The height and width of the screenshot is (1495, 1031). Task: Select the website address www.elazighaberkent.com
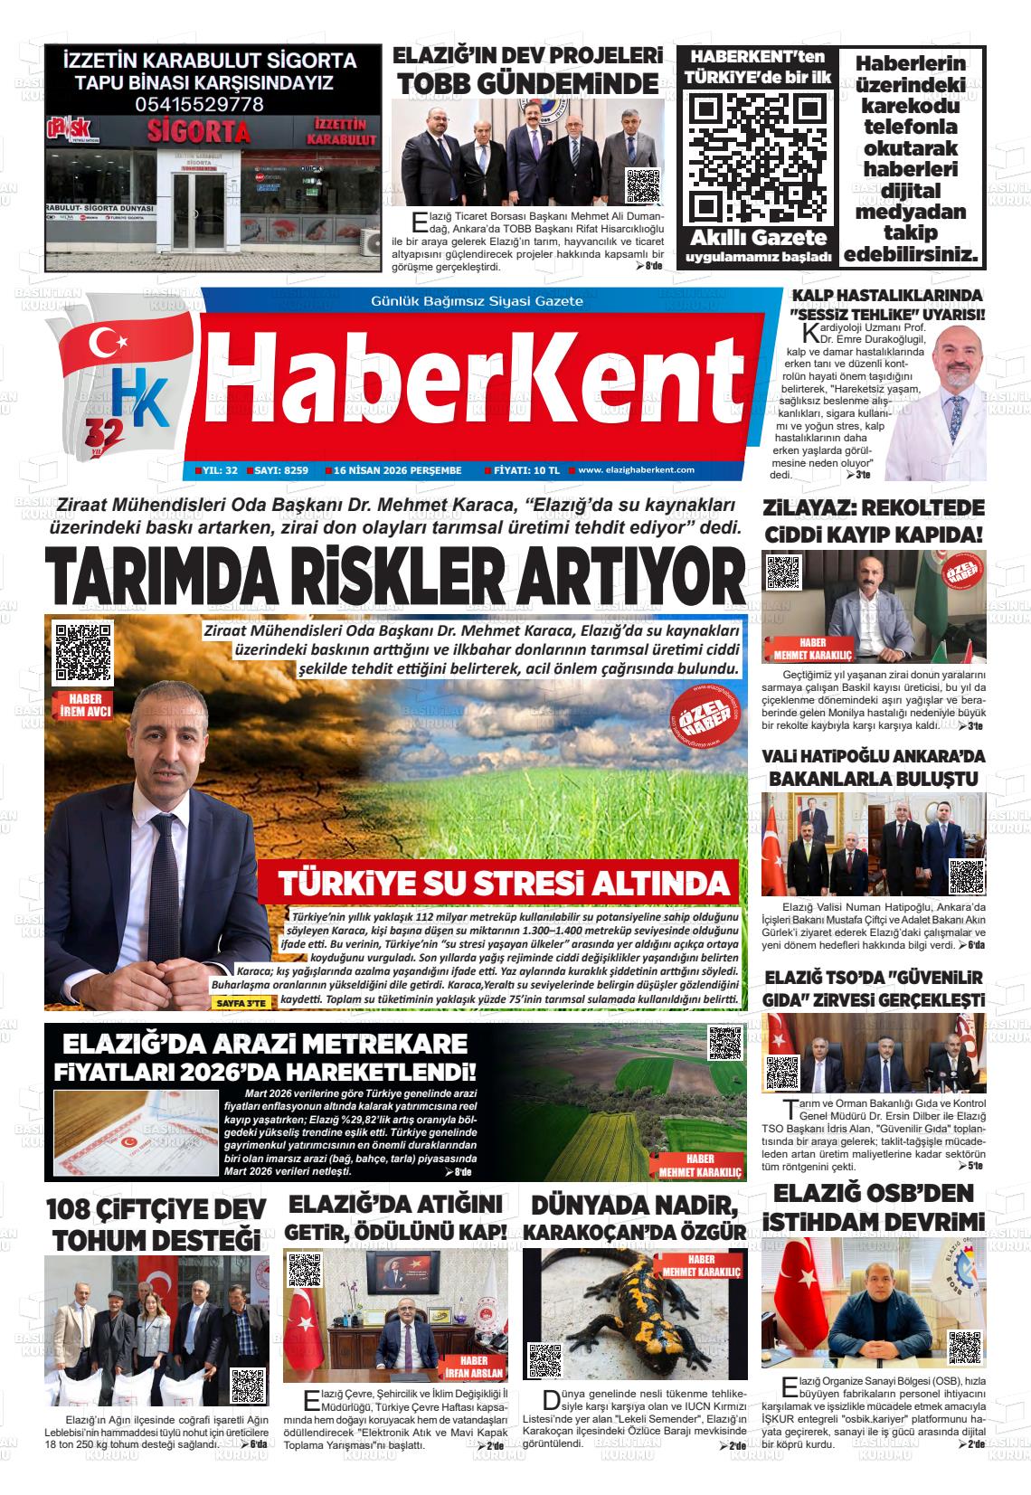[x=636, y=470]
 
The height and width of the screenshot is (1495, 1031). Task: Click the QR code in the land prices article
[x=724, y=1043]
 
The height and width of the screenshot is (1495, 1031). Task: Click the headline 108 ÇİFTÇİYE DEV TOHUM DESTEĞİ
[x=156, y=1224]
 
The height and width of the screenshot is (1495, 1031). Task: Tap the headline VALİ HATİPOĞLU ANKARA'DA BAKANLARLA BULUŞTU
[x=874, y=767]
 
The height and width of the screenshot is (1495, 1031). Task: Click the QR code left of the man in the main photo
[x=83, y=651]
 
